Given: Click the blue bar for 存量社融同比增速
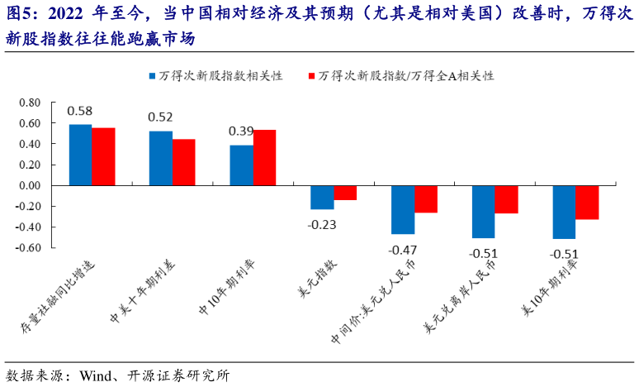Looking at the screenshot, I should point(80,155).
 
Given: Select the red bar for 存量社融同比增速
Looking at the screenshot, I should point(103,156).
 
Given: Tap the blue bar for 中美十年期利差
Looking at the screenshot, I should point(160,158).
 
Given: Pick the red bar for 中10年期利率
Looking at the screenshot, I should point(264,157).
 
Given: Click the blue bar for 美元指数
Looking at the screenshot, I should point(322,197).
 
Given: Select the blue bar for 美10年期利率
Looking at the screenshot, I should point(564,212).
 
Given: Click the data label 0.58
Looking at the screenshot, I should point(80,111).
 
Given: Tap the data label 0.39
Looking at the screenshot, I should point(241,131).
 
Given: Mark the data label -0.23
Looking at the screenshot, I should point(322,223).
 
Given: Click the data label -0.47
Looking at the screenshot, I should point(403,249).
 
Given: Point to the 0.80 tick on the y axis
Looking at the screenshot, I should point(29,103).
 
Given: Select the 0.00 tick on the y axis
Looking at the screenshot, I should point(29,185).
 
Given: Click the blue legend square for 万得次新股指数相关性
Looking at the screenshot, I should point(153,75).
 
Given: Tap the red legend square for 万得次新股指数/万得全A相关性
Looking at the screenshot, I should point(312,75).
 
